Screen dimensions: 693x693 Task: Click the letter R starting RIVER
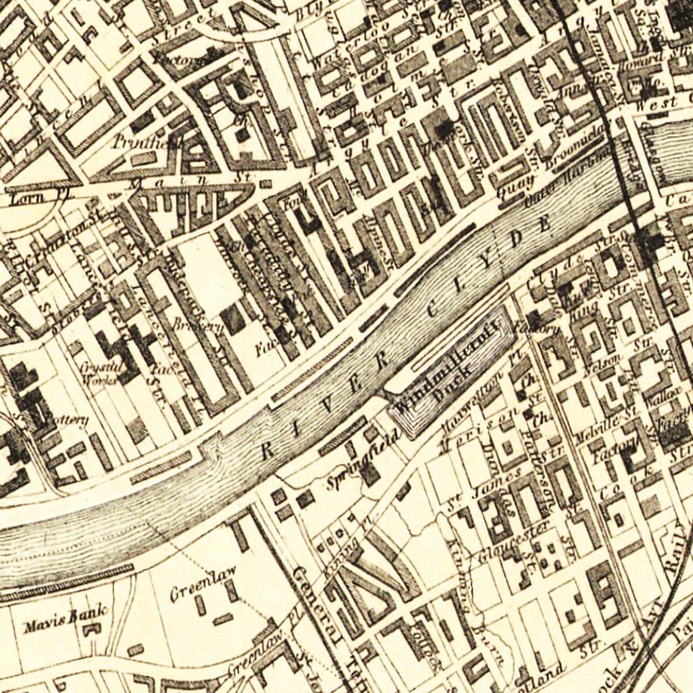[267, 450]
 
